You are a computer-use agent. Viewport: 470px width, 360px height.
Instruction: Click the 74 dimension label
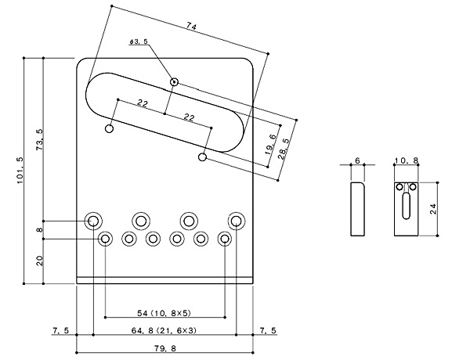pos(190,27)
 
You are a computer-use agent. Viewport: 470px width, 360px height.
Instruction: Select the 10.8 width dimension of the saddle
pos(407,161)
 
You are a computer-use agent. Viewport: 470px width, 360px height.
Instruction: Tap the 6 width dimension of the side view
pos(357,161)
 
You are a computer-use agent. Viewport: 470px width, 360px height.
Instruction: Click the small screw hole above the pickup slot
pos(175,81)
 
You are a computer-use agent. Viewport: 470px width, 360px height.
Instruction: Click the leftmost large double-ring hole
pos(94,220)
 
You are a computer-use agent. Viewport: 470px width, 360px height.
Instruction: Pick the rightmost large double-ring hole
pos(236,220)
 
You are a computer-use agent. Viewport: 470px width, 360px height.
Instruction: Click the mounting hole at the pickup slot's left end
pos(109,128)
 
